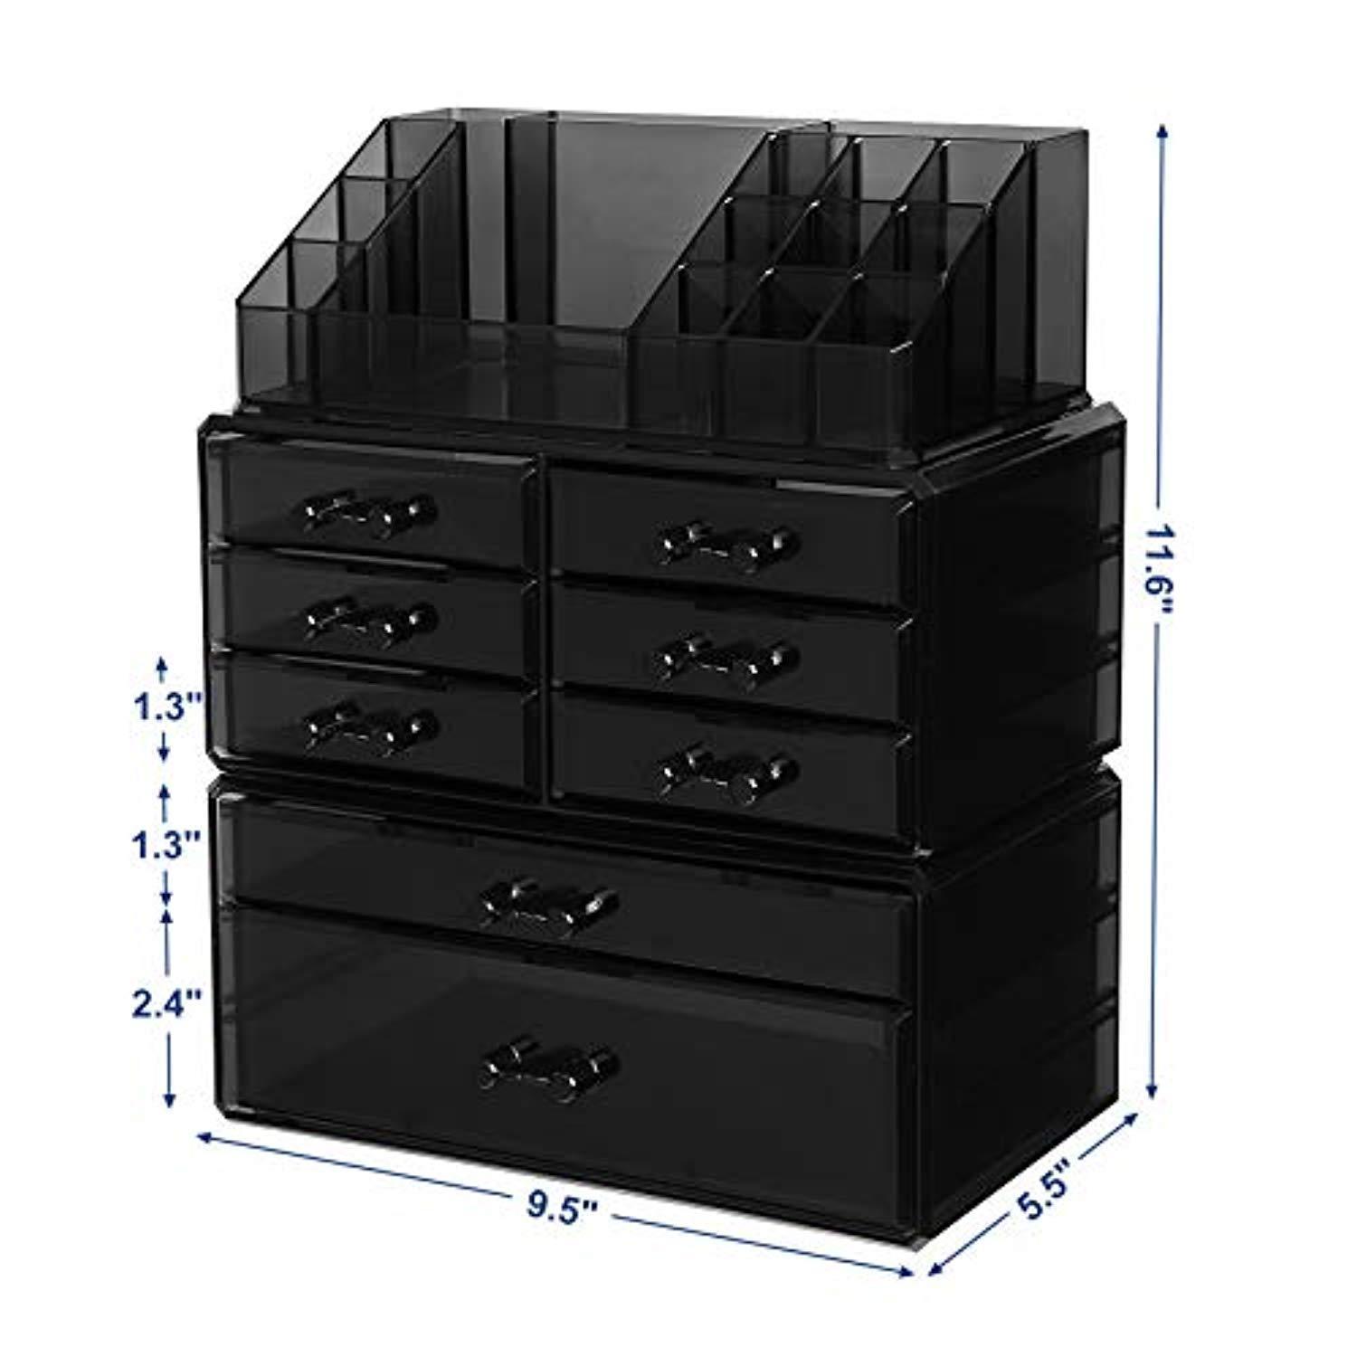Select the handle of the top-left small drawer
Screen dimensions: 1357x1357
point(366,515)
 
